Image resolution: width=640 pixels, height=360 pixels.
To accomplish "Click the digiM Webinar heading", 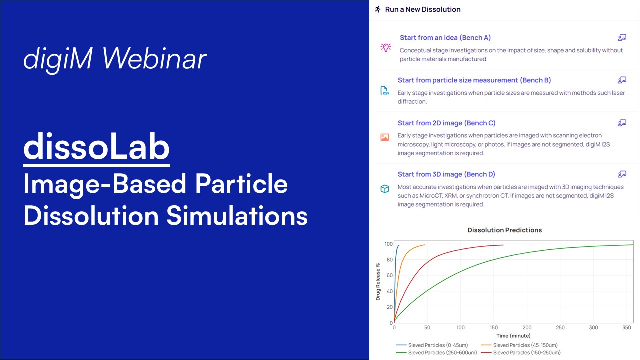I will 115,59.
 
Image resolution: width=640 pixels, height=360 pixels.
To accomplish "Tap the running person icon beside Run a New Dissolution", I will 378,9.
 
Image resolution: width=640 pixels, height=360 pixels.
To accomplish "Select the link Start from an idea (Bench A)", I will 445,38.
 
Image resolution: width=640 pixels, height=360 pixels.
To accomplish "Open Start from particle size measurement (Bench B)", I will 474,80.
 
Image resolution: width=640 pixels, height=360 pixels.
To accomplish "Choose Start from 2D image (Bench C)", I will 446,123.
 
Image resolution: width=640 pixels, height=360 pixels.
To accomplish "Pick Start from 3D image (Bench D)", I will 446,174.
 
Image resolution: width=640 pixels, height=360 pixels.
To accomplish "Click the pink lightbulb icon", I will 385,47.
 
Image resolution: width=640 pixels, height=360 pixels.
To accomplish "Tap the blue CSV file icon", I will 384,90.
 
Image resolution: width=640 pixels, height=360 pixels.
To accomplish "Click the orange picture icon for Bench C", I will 384,137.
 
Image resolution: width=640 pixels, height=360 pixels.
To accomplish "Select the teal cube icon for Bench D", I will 384,189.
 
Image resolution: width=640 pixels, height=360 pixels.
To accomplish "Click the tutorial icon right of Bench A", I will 622,38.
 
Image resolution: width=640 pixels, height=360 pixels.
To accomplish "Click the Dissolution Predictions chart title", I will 504,230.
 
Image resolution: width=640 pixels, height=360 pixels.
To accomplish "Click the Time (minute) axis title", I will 513,336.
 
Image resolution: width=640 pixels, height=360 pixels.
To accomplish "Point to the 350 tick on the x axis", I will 626,328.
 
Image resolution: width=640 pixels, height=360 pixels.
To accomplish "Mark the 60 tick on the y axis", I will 389,276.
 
